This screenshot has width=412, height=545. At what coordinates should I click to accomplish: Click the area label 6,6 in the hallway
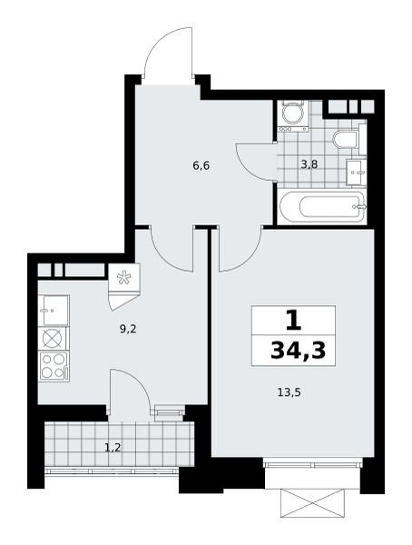pos(201,166)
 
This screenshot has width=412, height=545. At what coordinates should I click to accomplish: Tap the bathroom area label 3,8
pos(309,164)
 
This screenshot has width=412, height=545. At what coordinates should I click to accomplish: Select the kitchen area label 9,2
pos(128,329)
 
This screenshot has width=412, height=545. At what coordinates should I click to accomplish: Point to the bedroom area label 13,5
pos(289,392)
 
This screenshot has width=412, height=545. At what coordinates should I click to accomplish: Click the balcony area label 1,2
pos(113,447)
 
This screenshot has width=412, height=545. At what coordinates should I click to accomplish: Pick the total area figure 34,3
pos(298,351)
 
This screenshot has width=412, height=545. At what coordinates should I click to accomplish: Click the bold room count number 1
pos(293,322)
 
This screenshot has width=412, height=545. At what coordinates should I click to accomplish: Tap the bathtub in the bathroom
pos(323,207)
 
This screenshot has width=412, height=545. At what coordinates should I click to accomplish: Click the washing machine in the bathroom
pos(292,115)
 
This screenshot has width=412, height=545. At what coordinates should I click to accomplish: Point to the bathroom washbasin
pos(356,172)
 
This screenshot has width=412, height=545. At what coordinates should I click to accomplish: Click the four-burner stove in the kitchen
pos(54,366)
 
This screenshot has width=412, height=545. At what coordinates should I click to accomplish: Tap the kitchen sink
pos(54,311)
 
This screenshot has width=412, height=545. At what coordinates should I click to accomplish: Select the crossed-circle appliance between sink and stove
pos(53,339)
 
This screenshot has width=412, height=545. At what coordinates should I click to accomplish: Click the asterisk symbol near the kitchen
pos(123,278)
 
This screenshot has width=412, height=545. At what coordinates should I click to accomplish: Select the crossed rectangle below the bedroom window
pos(313,503)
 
